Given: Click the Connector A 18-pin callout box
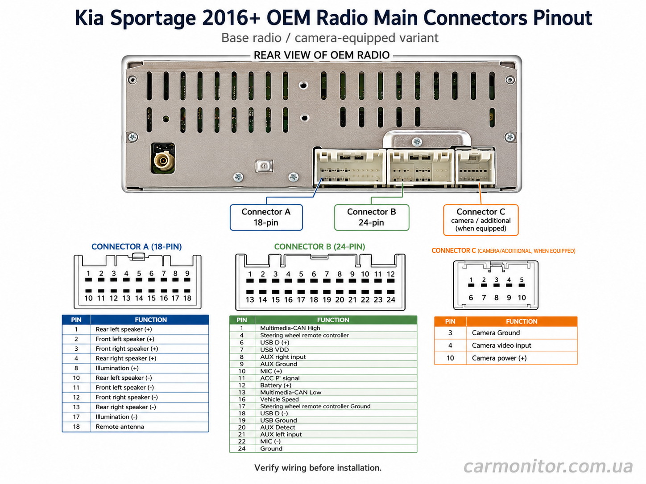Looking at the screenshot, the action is (266, 217).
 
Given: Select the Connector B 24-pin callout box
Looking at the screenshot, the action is (372, 217).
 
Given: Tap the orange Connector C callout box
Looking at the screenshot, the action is (480, 220).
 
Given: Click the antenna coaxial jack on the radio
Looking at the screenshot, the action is (163, 161).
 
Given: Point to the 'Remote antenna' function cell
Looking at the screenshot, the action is (149, 427).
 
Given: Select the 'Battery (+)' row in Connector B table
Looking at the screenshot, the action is (323, 385).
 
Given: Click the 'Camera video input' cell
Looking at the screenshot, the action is (522, 345).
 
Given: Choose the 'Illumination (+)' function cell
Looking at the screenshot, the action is (149, 368).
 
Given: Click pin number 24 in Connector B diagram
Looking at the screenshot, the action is (390, 299).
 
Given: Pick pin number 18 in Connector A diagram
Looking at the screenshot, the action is (187, 298).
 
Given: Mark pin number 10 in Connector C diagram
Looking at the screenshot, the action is (522, 297).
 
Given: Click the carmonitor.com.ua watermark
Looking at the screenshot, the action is (548, 466).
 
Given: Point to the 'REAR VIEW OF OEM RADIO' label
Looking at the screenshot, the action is (322, 55).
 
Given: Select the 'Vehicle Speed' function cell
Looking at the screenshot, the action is (336, 399).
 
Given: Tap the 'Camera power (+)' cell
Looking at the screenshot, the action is (522, 358).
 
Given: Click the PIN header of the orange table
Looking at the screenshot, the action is (450, 321).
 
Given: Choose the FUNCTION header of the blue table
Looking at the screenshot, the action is (151, 320).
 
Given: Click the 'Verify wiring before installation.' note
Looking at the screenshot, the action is (318, 468).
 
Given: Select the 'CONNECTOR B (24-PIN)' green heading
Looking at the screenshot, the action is (319, 246).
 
